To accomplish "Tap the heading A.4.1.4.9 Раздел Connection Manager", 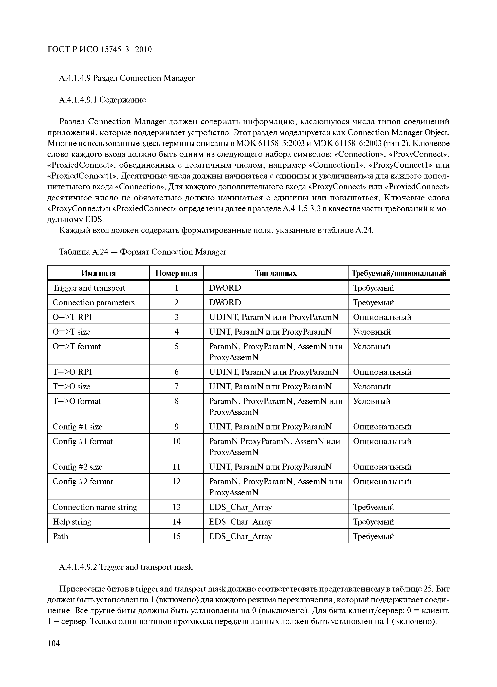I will coord(126,78).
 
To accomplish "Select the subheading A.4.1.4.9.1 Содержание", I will coord(102,100).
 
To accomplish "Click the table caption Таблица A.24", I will coord(142,252).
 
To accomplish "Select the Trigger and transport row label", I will coord(89,288).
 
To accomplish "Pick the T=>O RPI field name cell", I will coord(72,372).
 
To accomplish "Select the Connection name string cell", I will coord(95,507).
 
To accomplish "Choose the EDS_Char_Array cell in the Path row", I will coord(240,536).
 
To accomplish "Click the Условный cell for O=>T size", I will coord(372,332).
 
